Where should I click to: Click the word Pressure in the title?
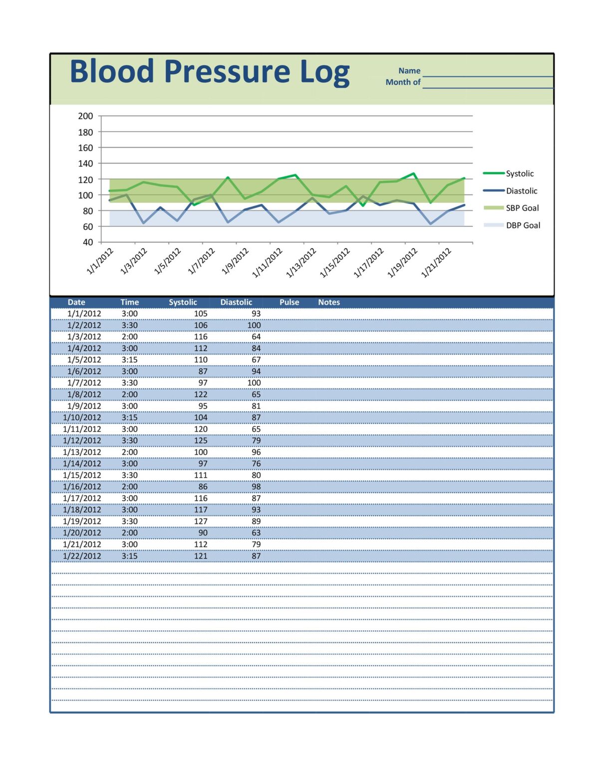(227, 72)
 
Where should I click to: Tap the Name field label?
(409, 71)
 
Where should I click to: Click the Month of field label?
(403, 82)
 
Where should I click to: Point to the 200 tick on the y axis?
(85, 116)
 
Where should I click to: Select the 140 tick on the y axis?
(85, 164)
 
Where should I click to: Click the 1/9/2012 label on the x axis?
(236, 261)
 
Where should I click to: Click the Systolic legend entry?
(519, 174)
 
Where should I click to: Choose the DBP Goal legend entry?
(523, 225)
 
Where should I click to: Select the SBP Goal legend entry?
(522, 208)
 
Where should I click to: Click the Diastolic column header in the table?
(236, 302)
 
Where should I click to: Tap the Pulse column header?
(289, 302)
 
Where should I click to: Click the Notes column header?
(329, 302)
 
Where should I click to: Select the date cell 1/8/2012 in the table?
(84, 394)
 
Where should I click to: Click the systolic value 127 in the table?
(201, 521)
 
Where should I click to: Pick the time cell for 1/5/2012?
(130, 360)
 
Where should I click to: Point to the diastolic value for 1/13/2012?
(256, 452)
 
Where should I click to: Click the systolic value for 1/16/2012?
(203, 487)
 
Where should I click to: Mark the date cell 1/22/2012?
(82, 556)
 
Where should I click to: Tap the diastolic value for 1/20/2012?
(256, 533)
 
